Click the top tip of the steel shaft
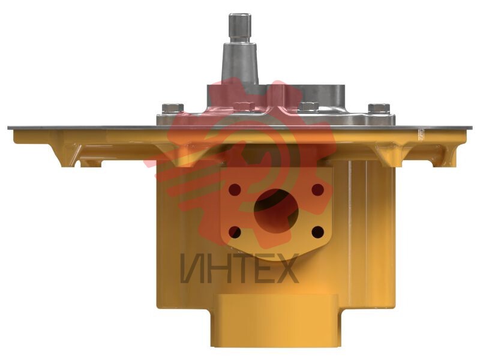[x=240, y=14]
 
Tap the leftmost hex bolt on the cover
[x=173, y=109]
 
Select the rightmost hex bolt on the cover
[x=379, y=109]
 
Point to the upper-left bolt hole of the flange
[x=235, y=190]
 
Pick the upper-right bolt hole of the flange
[x=318, y=190]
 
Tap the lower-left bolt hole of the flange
[x=235, y=232]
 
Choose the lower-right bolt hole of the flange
[x=318, y=232]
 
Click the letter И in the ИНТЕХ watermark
[x=192, y=268]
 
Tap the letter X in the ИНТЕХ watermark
[x=286, y=268]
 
